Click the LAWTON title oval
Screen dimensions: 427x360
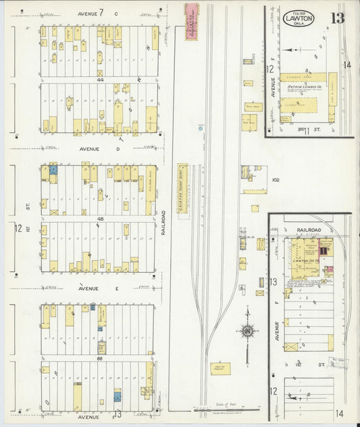pos(297,20)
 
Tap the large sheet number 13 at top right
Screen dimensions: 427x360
pos(337,18)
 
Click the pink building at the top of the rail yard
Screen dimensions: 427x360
pos(191,21)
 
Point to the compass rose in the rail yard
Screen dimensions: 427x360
pos(247,331)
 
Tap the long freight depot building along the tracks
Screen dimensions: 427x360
pos(182,189)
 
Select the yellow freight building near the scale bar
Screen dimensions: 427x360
pos(221,369)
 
